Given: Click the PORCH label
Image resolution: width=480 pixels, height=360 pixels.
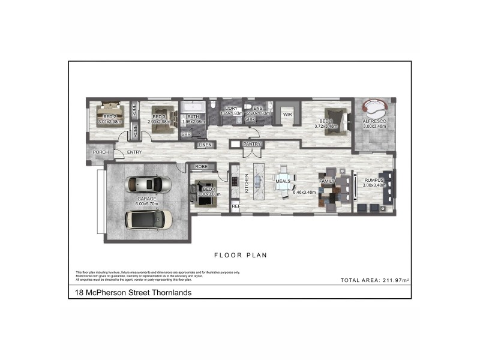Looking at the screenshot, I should (100, 153).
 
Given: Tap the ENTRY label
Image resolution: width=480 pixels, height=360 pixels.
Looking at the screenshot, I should (134, 153).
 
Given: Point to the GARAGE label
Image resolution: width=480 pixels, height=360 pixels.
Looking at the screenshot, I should (148, 199).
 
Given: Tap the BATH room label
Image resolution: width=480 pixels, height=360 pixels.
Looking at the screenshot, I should (193, 117).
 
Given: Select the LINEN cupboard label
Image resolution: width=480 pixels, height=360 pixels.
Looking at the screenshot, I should (204, 145).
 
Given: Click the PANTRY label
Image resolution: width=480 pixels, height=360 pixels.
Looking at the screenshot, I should (251, 145).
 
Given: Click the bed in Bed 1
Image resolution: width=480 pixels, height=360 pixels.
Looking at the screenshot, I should (337, 121).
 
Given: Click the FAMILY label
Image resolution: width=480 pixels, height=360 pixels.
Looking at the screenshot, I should (327, 181).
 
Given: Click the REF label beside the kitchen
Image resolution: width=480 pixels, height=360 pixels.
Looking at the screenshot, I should (236, 206).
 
